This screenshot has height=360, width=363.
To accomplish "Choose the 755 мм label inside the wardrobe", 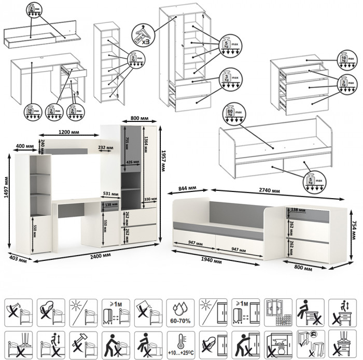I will pos(127,144).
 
